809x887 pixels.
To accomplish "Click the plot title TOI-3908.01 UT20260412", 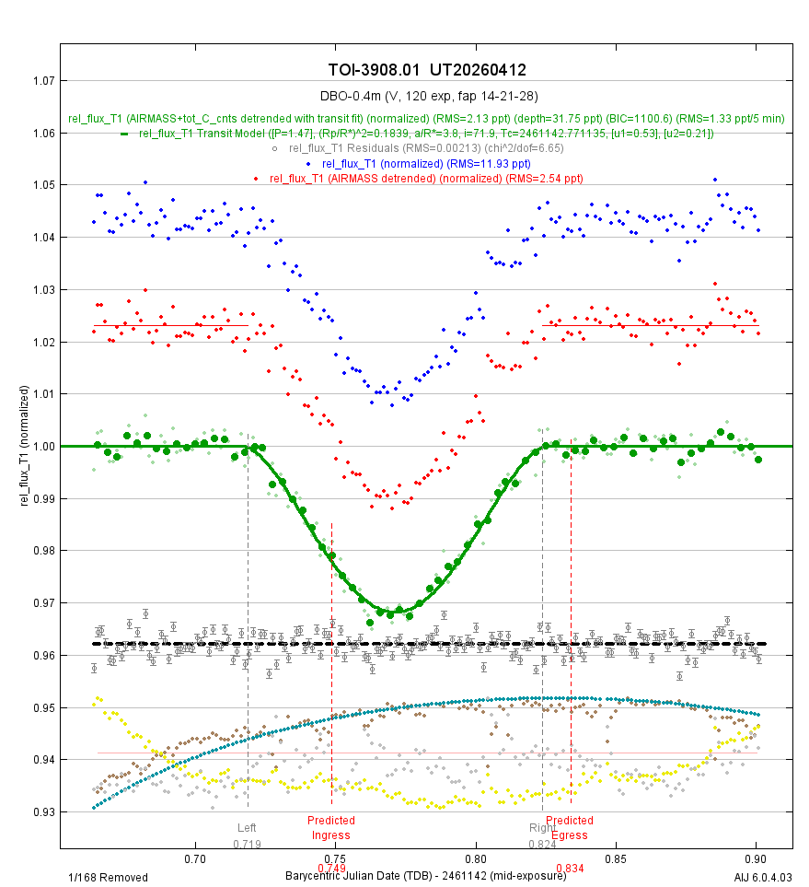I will click(427, 71).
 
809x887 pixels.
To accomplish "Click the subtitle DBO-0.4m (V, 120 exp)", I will click(428, 96).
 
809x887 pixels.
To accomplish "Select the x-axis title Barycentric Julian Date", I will click(425, 874).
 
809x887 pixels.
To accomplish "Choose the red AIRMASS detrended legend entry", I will click(426, 178).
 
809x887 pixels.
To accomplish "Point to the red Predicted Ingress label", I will click(331, 827).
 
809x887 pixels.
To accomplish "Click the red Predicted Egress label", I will click(570, 827).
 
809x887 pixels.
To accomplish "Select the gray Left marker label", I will click(248, 827).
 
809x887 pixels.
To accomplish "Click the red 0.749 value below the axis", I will click(331, 868).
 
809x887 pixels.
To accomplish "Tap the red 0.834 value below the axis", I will click(570, 868).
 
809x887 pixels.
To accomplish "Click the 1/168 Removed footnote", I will click(108, 878).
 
